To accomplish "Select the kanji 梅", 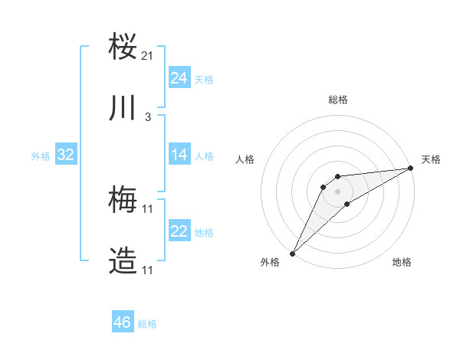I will pos(123,201).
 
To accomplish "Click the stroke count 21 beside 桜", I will pos(148,56).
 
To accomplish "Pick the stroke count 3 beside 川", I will pos(148,117).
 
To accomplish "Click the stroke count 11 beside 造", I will pos(148,270).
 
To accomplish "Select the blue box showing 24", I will pos(179,78).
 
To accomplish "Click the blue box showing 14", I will pos(179,155).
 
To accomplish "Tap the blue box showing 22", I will pos(179,231).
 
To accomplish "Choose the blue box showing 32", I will pos(65,155).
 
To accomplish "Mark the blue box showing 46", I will pos(122,322).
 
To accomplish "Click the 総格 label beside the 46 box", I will pos(147,324).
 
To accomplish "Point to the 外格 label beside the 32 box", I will pos(41,156).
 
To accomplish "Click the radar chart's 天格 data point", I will pos(411,169).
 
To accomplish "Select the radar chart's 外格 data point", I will pos(292,253).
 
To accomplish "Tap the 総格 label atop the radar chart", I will pos(337,100).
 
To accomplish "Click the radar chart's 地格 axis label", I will pos(402,262).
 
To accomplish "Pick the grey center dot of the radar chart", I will pos(337,191).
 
